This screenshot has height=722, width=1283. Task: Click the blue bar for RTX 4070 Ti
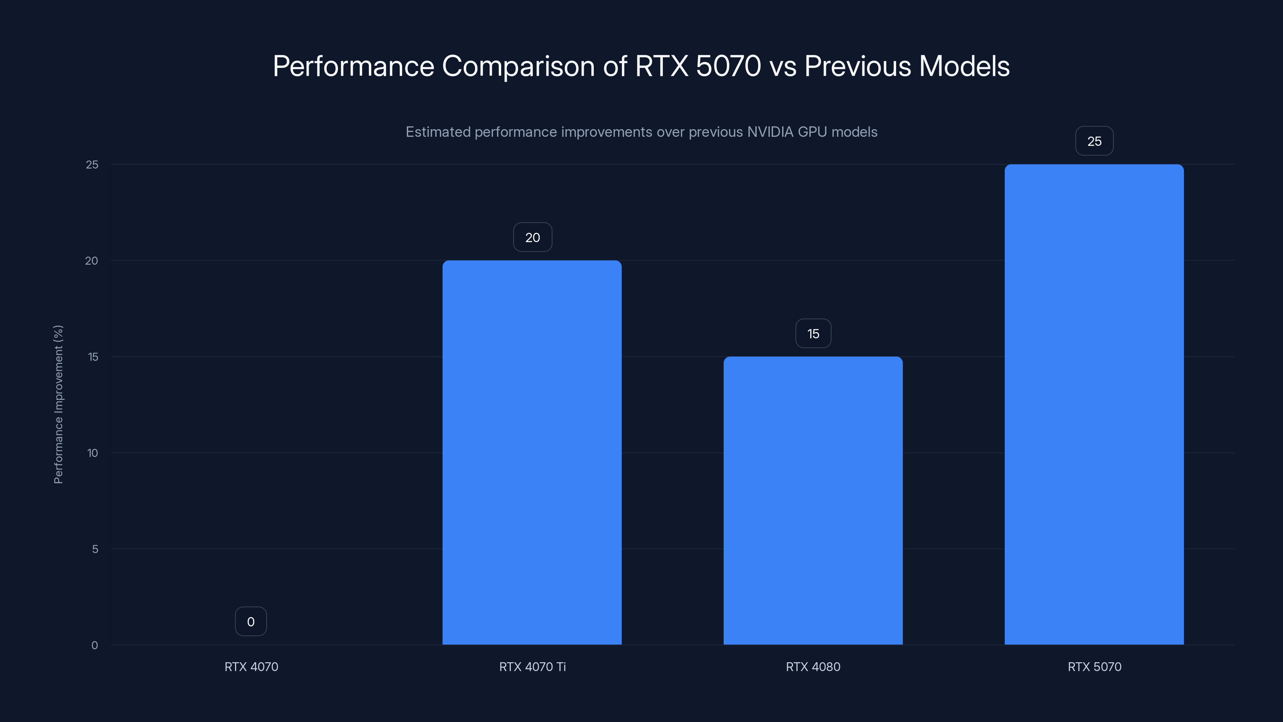tap(532, 452)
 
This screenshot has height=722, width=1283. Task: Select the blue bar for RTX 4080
tap(813, 500)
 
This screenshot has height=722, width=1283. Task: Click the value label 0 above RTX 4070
tap(251, 621)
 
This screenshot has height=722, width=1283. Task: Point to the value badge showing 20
tap(532, 237)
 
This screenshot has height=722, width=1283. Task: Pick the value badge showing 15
tap(813, 333)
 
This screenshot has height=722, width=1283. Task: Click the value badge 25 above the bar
tap(1094, 141)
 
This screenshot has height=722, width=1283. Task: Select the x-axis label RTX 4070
tap(251, 667)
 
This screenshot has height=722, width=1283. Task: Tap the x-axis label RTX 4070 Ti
tap(532, 667)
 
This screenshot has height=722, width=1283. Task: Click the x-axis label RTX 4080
tap(813, 667)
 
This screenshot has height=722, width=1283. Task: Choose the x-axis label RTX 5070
tap(1094, 667)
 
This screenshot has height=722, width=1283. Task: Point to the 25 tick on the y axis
tap(92, 164)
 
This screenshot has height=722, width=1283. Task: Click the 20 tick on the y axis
tap(92, 261)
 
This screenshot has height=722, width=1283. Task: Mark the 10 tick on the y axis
tap(93, 453)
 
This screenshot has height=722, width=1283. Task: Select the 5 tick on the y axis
tap(95, 549)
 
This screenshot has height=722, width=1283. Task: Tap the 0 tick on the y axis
tap(95, 645)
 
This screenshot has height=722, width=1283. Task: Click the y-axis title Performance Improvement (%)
tap(58, 404)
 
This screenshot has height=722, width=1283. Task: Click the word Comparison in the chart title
tap(518, 66)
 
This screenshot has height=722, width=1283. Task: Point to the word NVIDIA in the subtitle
tap(770, 132)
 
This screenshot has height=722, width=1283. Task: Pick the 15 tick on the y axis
tap(93, 357)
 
